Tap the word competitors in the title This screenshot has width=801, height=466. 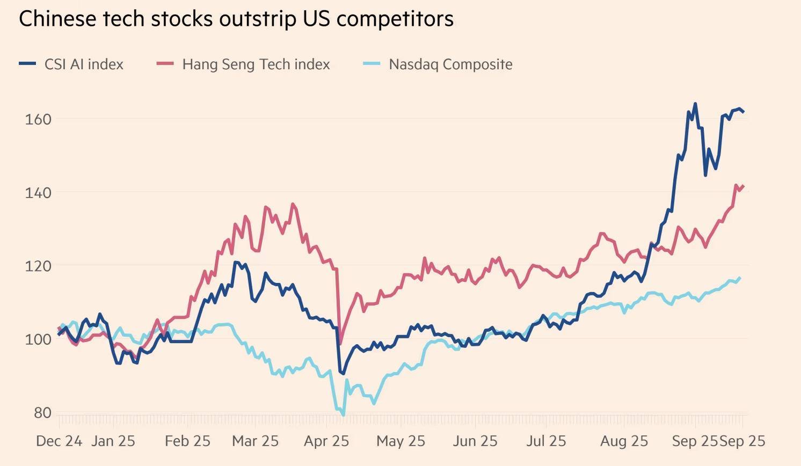coord(395,19)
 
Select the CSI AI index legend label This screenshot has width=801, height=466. coord(84,64)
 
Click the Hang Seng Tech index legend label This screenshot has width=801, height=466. coord(256,64)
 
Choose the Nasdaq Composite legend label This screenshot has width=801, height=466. coord(450,64)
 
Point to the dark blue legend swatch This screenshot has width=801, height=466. coord(27,64)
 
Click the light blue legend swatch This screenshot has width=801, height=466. coord(372,64)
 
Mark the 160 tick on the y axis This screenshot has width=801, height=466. coord(38,119)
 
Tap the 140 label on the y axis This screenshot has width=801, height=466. coord(38,193)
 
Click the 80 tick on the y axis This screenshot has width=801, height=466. coord(41,413)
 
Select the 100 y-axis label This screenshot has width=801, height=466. coord(38,339)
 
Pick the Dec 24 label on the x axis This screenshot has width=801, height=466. coord(59,441)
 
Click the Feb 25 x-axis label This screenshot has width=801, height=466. coord(187,441)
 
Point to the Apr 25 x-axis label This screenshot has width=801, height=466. coord(326,441)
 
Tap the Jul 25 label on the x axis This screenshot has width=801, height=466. coord(546,441)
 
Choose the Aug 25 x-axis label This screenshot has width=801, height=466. coord(624,441)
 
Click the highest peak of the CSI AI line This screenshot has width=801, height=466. coord(695,104)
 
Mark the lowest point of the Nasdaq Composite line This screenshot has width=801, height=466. coord(343,415)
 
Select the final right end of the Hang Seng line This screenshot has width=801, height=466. coord(744,186)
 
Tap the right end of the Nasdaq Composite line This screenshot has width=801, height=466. coord(740,278)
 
